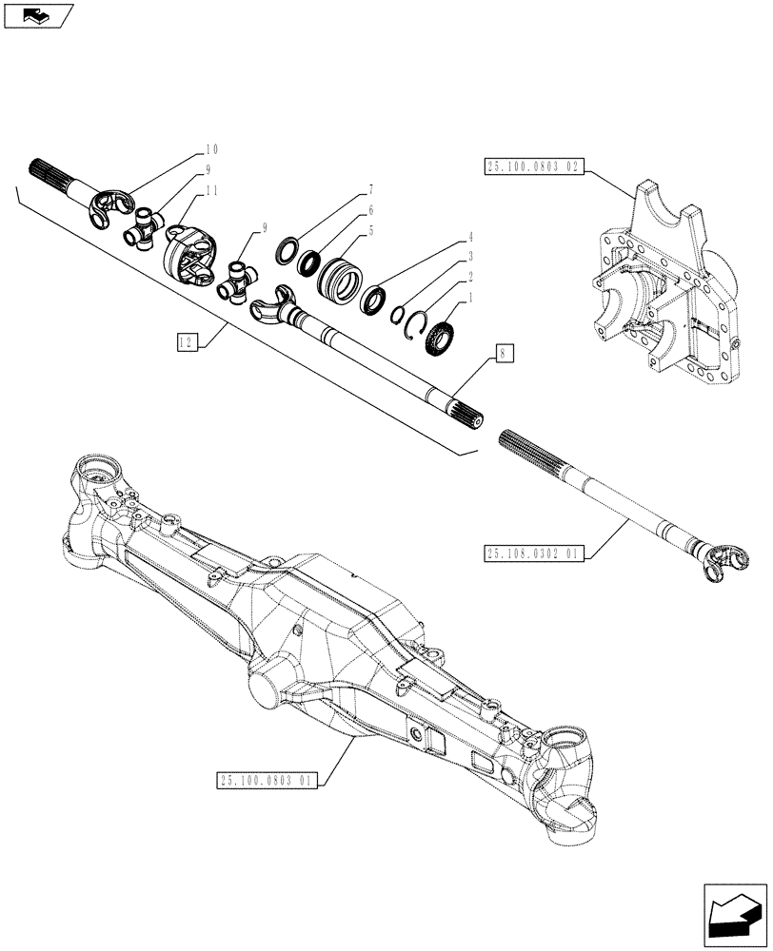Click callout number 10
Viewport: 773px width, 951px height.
(x=210, y=149)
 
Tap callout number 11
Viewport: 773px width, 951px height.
(x=210, y=190)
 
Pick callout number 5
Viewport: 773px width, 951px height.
(x=369, y=231)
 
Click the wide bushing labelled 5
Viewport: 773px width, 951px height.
(x=338, y=283)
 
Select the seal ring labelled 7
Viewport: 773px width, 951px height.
(x=285, y=250)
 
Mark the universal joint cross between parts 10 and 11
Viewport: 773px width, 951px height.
(x=145, y=229)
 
